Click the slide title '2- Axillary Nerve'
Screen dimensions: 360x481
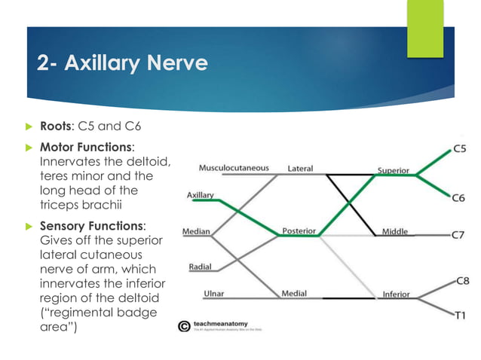(122, 63)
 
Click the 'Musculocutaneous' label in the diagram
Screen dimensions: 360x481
(234, 167)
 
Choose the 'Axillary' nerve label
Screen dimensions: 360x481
(201, 195)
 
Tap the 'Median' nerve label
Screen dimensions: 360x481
(196, 230)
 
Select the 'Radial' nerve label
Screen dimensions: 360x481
(201, 266)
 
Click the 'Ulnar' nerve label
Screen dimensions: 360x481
(214, 293)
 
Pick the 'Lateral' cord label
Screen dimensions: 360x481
(300, 168)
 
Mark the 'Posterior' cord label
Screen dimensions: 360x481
(299, 230)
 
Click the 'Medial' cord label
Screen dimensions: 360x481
(294, 293)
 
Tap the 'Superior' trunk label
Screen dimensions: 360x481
(394, 171)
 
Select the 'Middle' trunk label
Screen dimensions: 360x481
(394, 231)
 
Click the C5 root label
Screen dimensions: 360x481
(458, 149)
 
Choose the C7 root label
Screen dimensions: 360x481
(458, 234)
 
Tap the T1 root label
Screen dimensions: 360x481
(458, 316)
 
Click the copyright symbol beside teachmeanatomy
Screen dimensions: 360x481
(183, 326)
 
